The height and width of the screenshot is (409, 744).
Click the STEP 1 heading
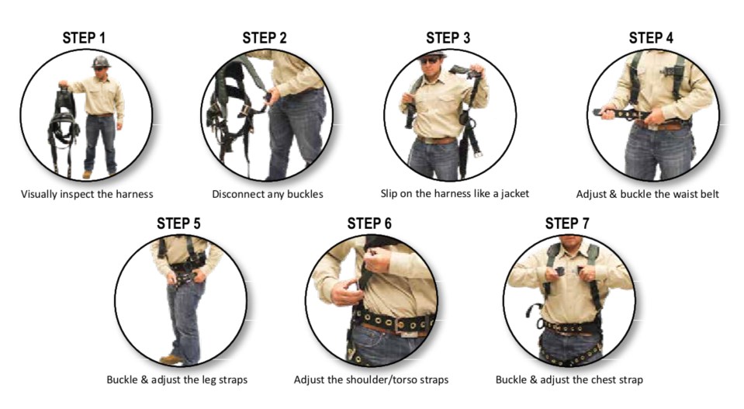coord(84,37)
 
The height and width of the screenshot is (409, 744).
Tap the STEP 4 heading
coord(651,37)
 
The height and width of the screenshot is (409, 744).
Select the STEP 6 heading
coord(369,223)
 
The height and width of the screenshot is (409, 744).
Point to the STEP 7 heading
coord(567,223)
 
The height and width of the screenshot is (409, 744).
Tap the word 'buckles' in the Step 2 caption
coord(305,194)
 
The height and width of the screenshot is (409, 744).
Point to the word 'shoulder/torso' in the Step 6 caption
coord(384,380)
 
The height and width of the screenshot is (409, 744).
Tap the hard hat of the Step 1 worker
coord(101,62)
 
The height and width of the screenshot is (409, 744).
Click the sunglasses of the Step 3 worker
coord(430,61)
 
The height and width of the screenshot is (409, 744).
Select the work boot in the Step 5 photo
coord(171,359)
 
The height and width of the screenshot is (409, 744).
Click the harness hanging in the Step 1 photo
coord(64,128)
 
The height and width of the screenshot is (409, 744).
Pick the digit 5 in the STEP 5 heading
coord(196,223)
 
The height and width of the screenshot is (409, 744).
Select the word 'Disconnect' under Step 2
coord(237,194)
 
